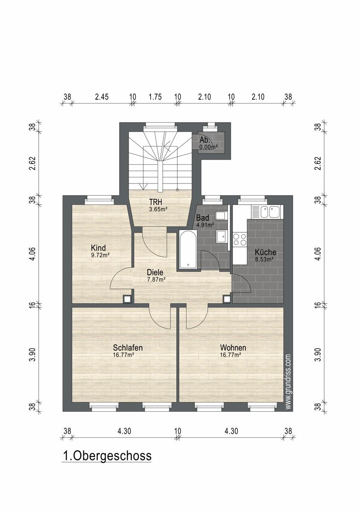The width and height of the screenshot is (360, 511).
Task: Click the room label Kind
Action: [98, 247]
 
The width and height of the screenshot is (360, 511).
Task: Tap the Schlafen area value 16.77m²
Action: [123, 355]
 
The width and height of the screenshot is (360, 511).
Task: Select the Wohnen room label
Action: [233, 347]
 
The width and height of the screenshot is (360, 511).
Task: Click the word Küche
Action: [265, 252]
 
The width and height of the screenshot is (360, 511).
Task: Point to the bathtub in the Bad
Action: [188, 249]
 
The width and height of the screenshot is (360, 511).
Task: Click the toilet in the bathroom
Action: [222, 215]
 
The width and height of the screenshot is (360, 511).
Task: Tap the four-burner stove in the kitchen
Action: [240, 239]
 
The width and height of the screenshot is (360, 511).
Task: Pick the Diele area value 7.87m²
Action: [156, 279]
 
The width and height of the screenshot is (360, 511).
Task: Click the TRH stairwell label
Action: [156, 202]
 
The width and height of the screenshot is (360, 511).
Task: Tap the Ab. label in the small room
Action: [204, 140]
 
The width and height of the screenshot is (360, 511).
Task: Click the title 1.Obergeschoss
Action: [107, 456]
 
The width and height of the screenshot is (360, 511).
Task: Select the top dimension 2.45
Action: [102, 97]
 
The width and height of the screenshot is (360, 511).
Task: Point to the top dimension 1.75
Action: [155, 97]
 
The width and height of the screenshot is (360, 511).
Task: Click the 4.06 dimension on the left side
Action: [33, 254]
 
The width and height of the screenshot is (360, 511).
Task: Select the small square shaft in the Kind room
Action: [127, 299]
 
